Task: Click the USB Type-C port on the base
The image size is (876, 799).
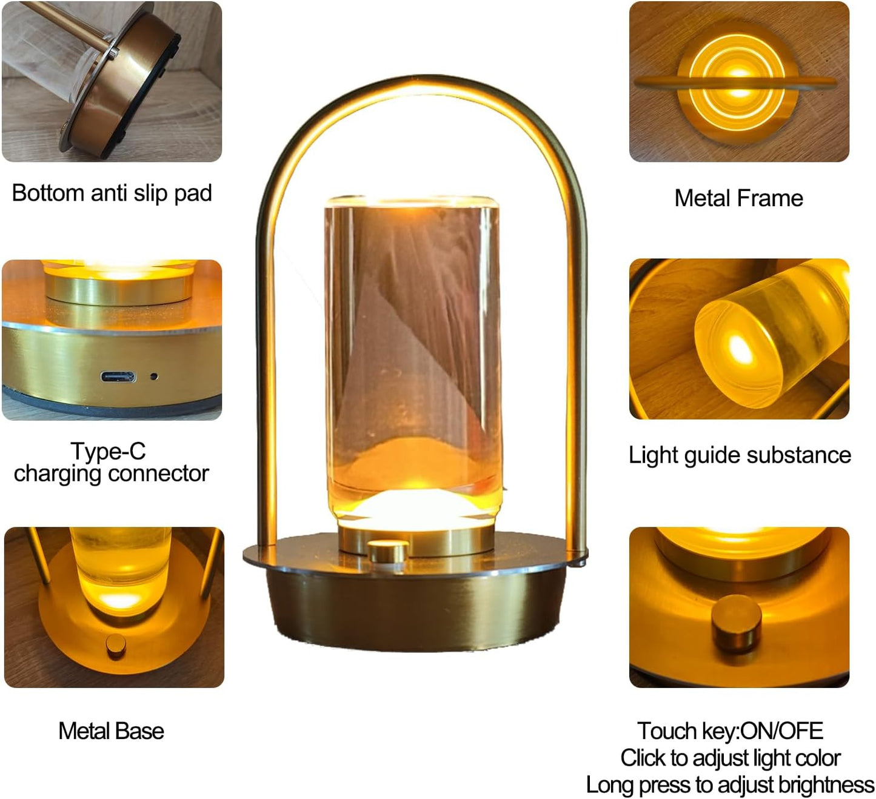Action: [x=118, y=376]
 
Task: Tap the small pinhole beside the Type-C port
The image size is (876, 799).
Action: [x=154, y=376]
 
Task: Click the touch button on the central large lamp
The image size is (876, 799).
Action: [x=388, y=551]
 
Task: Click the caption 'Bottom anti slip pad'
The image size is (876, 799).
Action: [x=112, y=193]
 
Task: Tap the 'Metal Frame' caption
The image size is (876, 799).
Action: [x=739, y=198]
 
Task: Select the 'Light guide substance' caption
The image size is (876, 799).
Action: [x=740, y=455]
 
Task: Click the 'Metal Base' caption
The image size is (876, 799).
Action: [x=112, y=731]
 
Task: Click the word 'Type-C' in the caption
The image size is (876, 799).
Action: [x=108, y=451]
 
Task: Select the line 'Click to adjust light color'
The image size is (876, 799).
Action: [x=731, y=758]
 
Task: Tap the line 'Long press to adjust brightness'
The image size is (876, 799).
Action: [x=730, y=784]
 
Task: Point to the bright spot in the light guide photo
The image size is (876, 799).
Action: [x=739, y=348]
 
